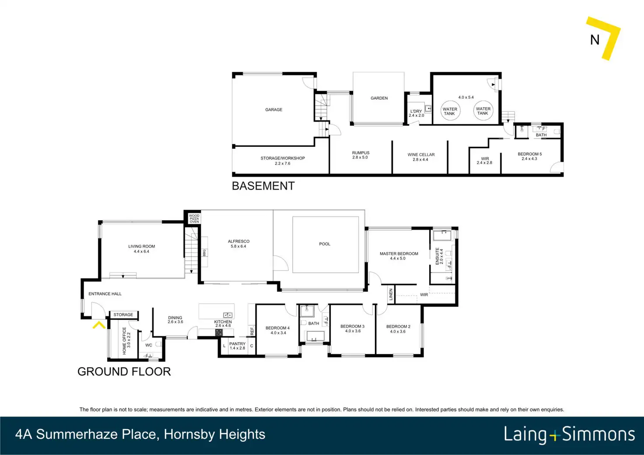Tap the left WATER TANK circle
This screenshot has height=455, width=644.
pos(450,111)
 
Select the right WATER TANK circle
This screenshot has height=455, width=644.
pos(483,110)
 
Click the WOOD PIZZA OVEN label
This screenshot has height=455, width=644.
pos(194,219)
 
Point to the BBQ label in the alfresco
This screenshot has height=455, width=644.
pos(204,253)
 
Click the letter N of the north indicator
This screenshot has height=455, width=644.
pos(595,40)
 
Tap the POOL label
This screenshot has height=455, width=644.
pos(325,244)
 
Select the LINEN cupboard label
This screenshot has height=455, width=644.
pos(391,295)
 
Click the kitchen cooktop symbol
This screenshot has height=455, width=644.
pos(219,332)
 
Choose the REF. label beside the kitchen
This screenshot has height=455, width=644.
pos(252,330)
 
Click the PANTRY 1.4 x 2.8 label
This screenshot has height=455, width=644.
pos(237,346)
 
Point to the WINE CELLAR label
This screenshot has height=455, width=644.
pos(421,155)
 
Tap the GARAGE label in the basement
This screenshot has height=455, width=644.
pos(274,109)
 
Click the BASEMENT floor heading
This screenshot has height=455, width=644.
pos(263,186)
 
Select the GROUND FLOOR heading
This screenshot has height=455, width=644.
pos(124,372)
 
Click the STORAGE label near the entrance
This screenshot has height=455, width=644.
pos(123,315)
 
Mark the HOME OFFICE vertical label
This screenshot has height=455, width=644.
pos(125,340)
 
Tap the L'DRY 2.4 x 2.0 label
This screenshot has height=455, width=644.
pos(416,113)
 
